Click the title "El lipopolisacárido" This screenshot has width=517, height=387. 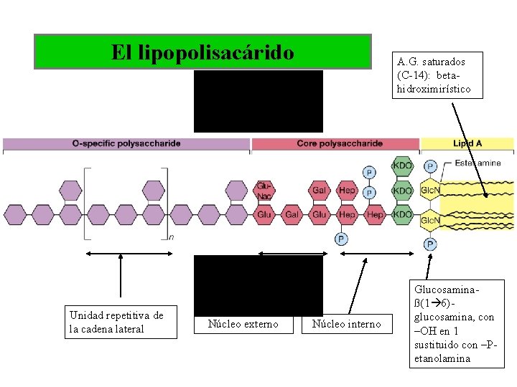pos(202,52)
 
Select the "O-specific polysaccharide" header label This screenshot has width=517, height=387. pos(126,143)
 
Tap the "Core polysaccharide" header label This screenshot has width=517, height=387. pos(340,143)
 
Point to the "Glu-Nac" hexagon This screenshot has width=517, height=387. pos(264,191)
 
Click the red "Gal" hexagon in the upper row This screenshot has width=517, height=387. pos(320,191)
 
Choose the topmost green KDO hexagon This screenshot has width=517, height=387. pos(403,166)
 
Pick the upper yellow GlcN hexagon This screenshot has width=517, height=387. pos(430,191)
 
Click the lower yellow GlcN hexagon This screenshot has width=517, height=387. pos(430,220)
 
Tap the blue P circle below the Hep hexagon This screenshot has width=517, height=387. pos(342,239)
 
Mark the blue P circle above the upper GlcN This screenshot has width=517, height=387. pos(430,166)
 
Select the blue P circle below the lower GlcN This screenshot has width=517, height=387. pos(430,244)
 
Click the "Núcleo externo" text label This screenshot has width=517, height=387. pos(243,324)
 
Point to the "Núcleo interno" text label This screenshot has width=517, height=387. pos(347,324)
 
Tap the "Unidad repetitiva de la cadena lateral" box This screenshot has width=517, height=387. pos(120,322)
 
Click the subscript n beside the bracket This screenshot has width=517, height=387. pos(171,236)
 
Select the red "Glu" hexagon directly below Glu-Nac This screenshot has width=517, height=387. pos(264,214)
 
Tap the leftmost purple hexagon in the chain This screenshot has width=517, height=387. pos(15,214)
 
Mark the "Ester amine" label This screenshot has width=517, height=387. pos(478,163)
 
